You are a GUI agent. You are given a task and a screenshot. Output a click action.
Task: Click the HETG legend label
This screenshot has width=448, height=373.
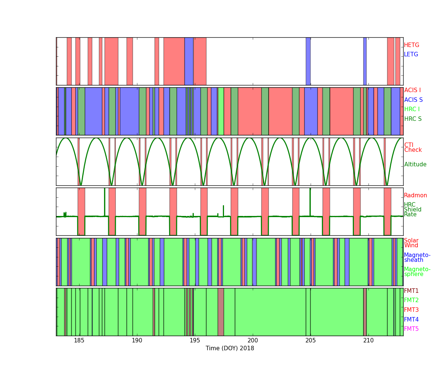click(411, 45)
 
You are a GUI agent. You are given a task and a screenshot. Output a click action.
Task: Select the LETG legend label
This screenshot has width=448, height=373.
click(411, 54)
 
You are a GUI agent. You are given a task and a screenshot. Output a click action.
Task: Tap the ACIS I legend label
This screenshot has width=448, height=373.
click(413, 90)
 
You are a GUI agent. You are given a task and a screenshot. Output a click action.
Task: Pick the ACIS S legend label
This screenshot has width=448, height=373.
click(413, 100)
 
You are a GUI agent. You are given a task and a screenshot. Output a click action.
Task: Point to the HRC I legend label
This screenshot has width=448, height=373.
click(412, 109)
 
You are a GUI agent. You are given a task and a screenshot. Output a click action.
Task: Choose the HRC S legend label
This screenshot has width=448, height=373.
click(413, 119)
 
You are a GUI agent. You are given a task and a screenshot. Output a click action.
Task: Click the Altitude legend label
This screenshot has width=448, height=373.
click(415, 164)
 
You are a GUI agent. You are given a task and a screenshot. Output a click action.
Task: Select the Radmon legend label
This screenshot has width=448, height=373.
click(416, 195)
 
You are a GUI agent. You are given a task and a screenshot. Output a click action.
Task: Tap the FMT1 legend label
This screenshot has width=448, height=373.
click(411, 291)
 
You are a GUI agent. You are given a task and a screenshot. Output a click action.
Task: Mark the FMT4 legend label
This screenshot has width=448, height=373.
click(411, 319)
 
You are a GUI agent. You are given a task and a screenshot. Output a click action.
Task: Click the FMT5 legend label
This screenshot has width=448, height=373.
click(411, 329)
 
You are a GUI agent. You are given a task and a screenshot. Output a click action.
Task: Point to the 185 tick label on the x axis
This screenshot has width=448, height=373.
click(79, 341)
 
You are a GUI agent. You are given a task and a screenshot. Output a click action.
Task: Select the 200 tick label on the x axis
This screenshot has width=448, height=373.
click(252, 341)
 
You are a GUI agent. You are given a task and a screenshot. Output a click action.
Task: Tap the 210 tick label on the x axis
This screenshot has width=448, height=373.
click(368, 341)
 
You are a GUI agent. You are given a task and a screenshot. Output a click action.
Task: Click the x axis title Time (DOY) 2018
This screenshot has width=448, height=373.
click(230, 348)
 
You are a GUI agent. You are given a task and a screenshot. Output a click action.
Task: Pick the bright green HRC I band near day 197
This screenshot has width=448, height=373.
click(221, 111)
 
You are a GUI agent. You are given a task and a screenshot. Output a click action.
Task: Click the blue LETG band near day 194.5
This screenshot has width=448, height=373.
click(189, 61)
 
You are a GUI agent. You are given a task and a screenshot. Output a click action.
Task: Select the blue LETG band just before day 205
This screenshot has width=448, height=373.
click(308, 61)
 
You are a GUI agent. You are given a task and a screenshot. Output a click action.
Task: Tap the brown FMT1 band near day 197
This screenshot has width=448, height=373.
click(221, 312)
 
